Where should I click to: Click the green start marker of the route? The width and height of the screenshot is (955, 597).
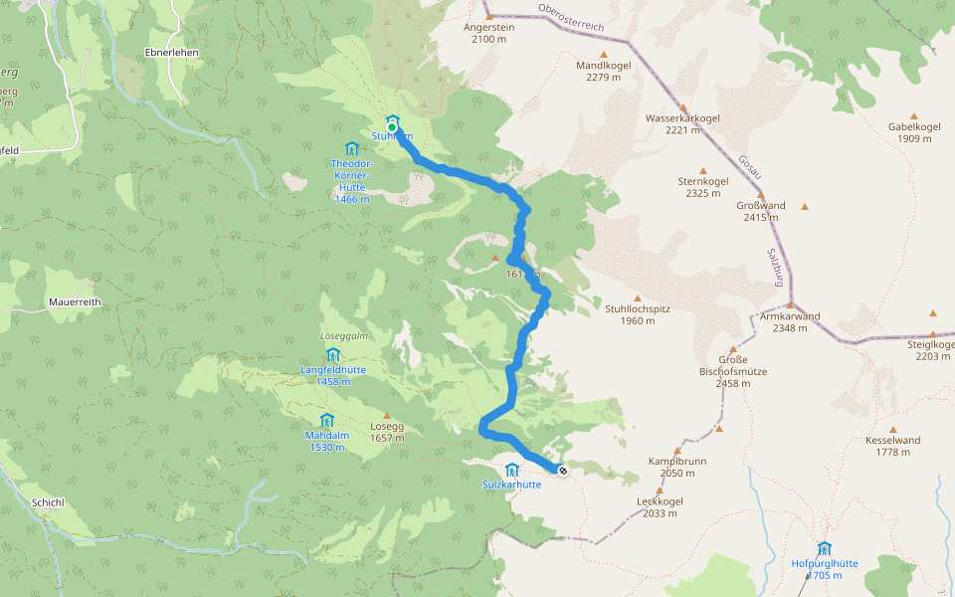pyautogui.click(x=392, y=127)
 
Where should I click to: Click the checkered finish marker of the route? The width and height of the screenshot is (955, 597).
pyautogui.click(x=562, y=471)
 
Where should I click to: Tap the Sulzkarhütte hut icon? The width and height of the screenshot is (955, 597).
pyautogui.click(x=512, y=470)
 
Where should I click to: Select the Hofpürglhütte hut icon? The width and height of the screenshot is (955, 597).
pyautogui.click(x=824, y=548)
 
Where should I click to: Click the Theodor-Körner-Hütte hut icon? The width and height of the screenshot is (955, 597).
pyautogui.click(x=351, y=148)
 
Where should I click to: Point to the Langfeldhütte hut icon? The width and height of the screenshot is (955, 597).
pyautogui.click(x=332, y=354)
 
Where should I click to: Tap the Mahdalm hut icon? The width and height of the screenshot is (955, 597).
pyautogui.click(x=326, y=420)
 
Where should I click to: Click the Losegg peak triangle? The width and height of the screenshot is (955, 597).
pyautogui.click(x=386, y=417)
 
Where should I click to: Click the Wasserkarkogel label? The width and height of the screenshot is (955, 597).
pyautogui.click(x=682, y=117)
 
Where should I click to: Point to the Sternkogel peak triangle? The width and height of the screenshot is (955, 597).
pyautogui.click(x=702, y=170)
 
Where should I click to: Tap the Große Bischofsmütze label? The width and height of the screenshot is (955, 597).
pyautogui.click(x=732, y=365)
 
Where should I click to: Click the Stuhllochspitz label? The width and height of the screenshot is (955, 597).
pyautogui.click(x=638, y=308)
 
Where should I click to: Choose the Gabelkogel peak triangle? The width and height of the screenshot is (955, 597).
pyautogui.click(x=913, y=115)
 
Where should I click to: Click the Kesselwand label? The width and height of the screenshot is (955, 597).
pyautogui.click(x=893, y=440)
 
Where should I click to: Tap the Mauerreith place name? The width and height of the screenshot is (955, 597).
pyautogui.click(x=76, y=301)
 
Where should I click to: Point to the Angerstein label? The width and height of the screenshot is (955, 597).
pyautogui.click(x=489, y=28)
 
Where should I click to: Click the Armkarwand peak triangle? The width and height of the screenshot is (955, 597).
pyautogui.click(x=790, y=305)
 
